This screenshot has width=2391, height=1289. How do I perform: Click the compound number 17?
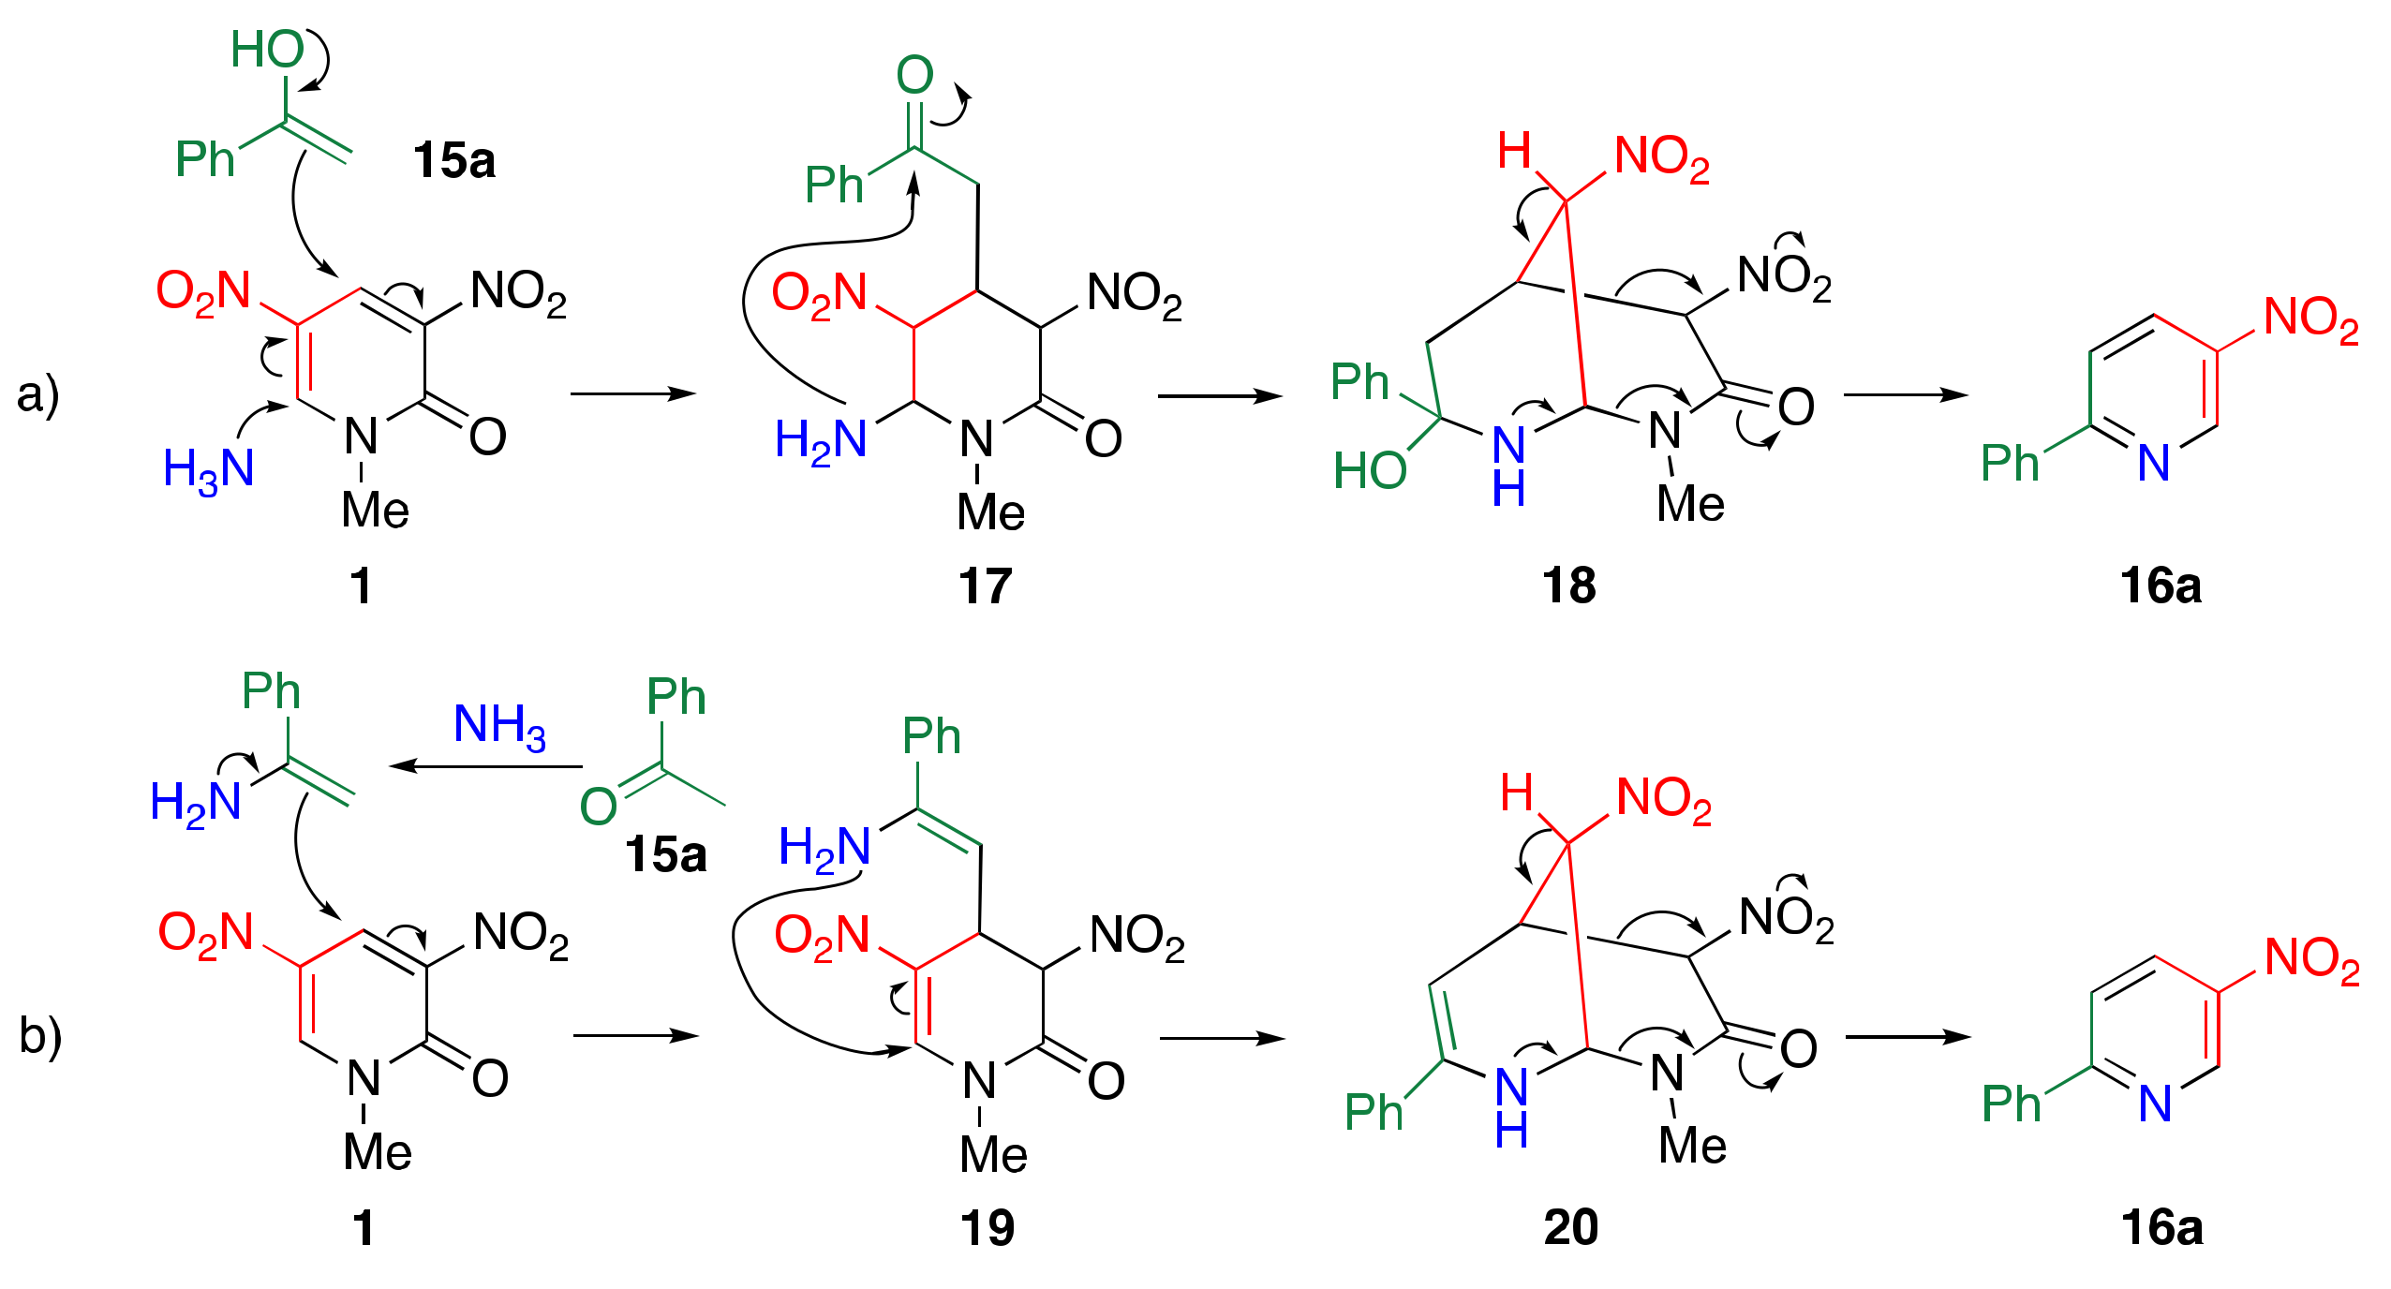(x=985, y=586)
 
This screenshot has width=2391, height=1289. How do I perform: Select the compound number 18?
(x=1568, y=585)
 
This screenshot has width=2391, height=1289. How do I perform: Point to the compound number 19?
(x=987, y=1227)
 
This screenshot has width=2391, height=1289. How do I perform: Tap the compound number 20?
(x=1570, y=1227)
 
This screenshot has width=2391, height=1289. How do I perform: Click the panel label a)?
(x=37, y=393)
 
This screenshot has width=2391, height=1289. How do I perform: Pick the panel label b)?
(x=40, y=1035)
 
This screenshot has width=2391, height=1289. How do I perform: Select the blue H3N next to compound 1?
(x=208, y=468)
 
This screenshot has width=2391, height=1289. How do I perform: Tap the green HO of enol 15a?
(x=267, y=49)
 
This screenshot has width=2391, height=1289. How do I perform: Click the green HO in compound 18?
(x=1370, y=470)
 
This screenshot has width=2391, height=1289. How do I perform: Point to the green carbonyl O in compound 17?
(x=914, y=75)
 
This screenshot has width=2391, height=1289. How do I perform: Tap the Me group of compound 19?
(x=993, y=1154)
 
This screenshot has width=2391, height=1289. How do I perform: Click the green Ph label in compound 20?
(x=1374, y=1112)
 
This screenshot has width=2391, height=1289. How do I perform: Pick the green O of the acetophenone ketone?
(x=599, y=806)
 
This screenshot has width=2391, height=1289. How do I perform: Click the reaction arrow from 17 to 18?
(x=1220, y=396)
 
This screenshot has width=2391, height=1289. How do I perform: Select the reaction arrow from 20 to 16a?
(x=1908, y=1037)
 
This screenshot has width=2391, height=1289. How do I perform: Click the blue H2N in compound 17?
(x=821, y=440)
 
